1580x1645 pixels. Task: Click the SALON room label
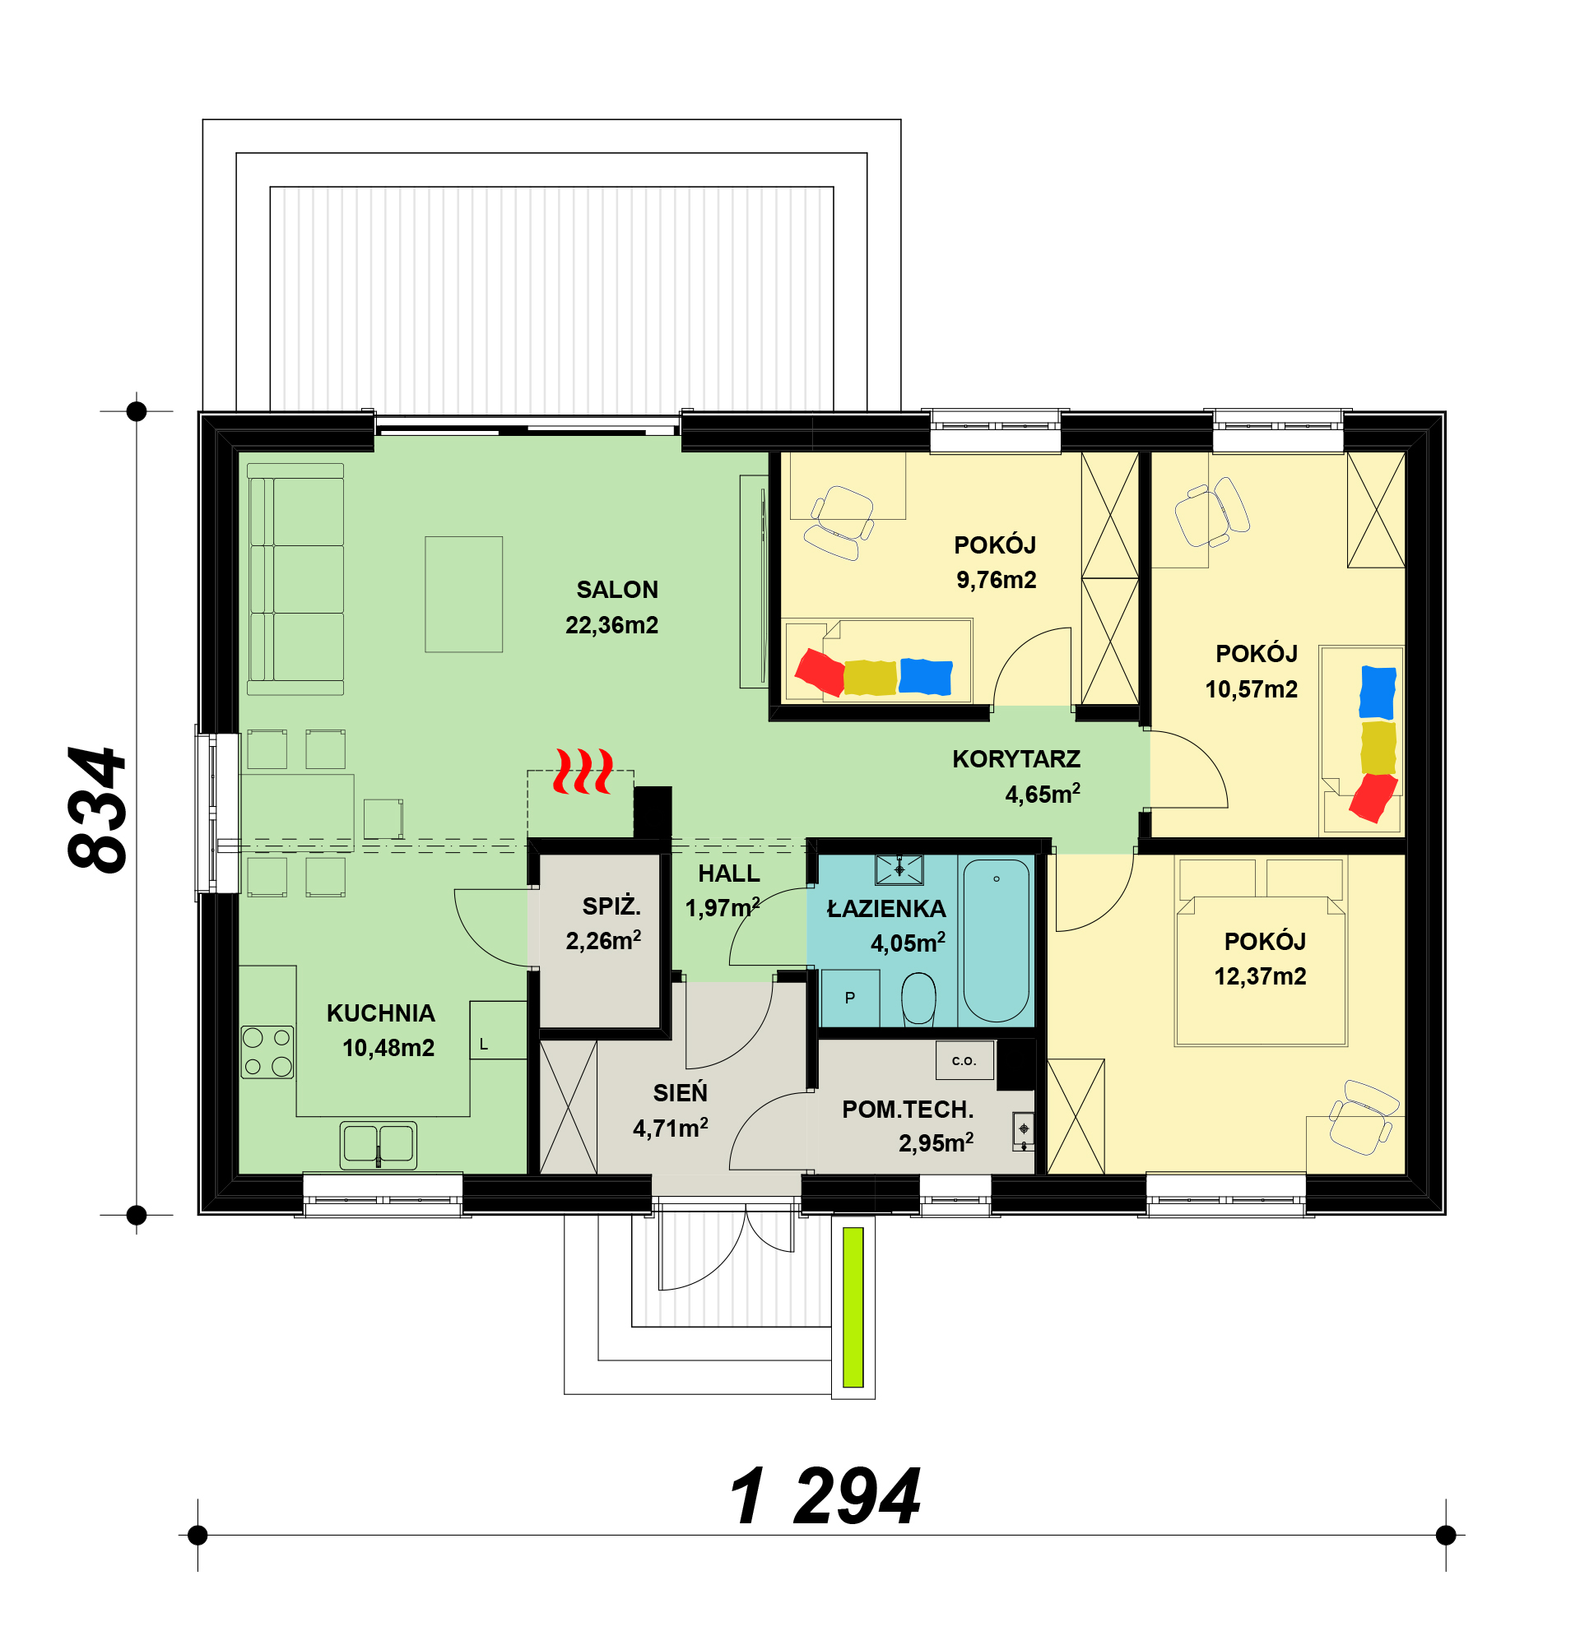(617, 590)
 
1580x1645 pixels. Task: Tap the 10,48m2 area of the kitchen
(388, 1048)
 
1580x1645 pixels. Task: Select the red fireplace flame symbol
(582, 772)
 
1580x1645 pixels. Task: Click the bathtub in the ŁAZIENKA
(996, 940)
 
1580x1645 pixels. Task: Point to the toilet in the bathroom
(918, 999)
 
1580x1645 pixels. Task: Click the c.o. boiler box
(964, 1060)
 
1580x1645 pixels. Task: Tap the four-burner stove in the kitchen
(267, 1052)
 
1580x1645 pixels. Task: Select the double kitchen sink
(379, 1145)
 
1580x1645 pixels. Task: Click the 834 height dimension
(97, 811)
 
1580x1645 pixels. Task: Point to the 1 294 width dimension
(825, 1497)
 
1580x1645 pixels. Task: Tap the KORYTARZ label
(1015, 759)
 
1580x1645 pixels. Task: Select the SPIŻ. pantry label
(611, 906)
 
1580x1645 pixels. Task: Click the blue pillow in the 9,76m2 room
(925, 676)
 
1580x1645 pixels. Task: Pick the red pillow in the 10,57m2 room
(1373, 797)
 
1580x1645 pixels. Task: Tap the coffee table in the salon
(463, 594)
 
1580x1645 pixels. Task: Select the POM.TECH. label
(908, 1110)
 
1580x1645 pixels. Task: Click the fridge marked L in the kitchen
(498, 1030)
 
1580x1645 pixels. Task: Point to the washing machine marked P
(849, 998)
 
